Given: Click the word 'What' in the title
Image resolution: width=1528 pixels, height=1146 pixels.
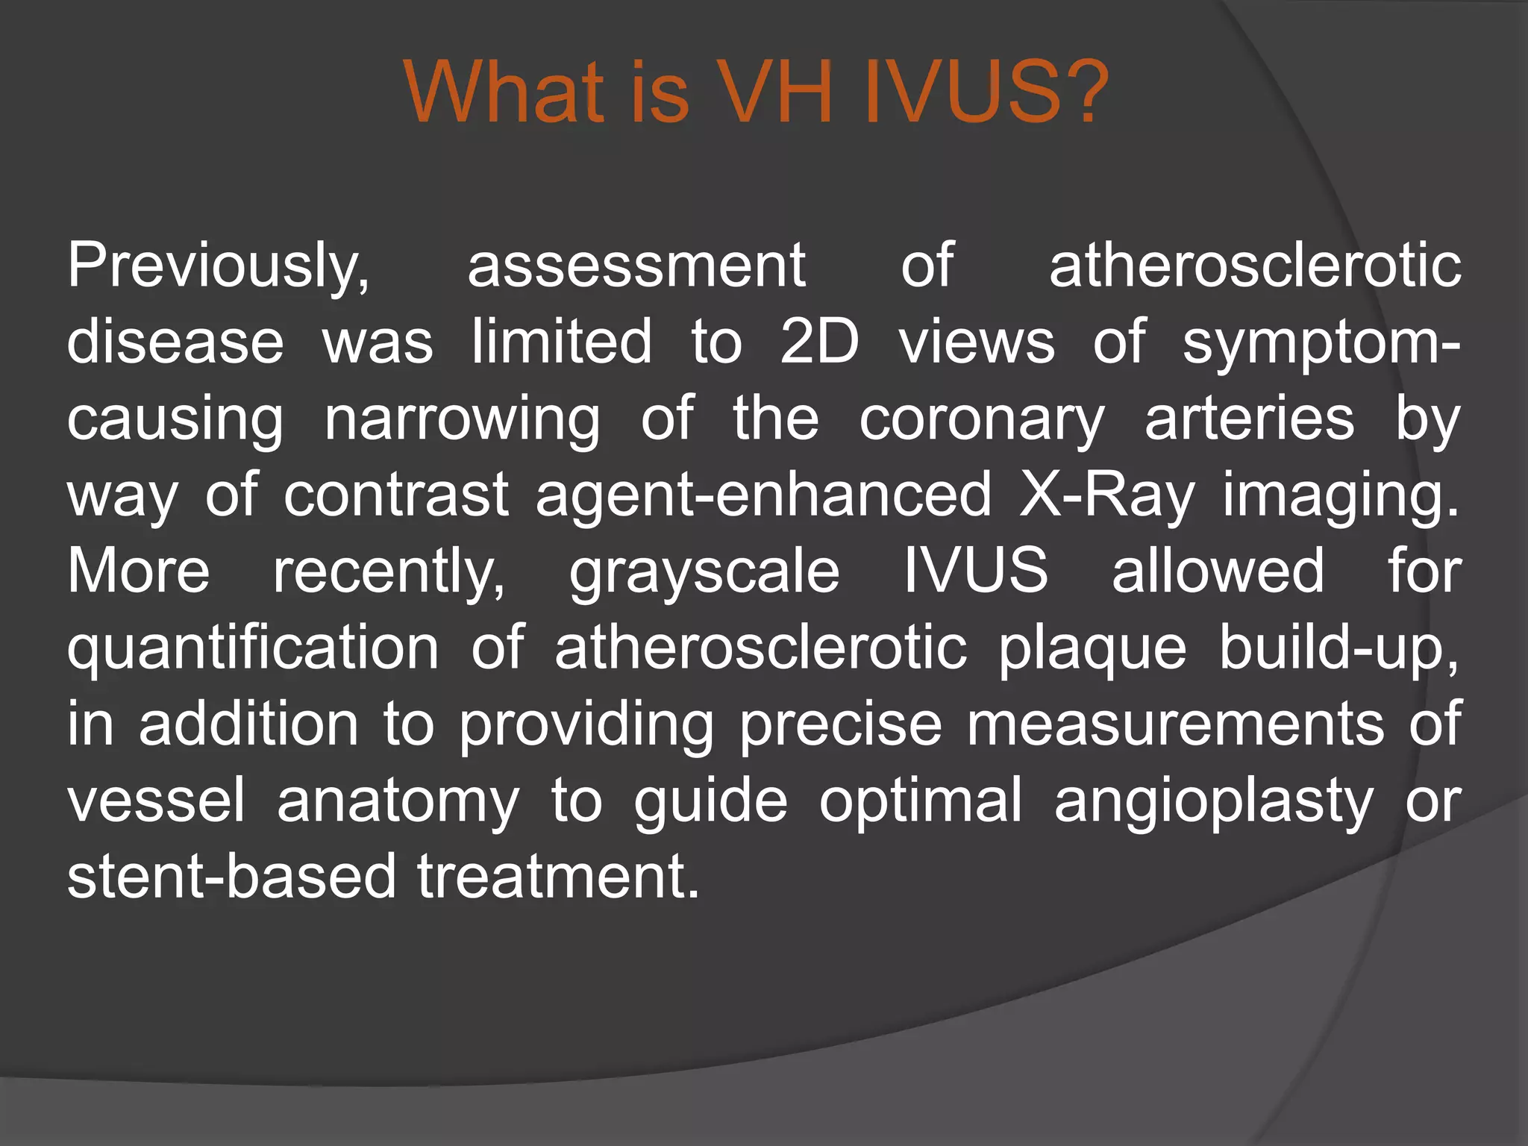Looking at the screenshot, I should pyautogui.click(x=504, y=93).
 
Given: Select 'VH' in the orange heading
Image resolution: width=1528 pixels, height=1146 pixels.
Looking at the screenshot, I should pyautogui.click(x=779, y=93).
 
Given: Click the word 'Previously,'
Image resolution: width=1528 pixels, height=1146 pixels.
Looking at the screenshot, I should pyautogui.click(x=218, y=267).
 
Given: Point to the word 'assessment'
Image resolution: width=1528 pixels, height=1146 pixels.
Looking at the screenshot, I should pyautogui.click(x=636, y=266).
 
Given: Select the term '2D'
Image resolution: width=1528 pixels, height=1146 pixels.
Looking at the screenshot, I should pyautogui.click(x=819, y=342).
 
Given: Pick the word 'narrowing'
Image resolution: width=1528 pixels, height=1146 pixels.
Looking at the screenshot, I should pyautogui.click(x=462, y=419).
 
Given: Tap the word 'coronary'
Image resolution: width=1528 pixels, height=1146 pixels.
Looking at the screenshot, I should pyautogui.click(x=981, y=419).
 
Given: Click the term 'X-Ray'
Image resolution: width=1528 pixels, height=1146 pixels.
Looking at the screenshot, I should pyautogui.click(x=1107, y=495).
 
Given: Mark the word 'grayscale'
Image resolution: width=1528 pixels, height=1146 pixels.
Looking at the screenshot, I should pyautogui.click(x=704, y=572).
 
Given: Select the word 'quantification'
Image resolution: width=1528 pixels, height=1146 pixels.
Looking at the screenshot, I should pyautogui.click(x=253, y=648).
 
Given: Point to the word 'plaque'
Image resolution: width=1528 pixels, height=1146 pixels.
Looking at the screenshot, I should pyautogui.click(x=1092, y=648).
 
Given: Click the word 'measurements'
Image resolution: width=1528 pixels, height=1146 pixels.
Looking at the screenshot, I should pyautogui.click(x=1174, y=724).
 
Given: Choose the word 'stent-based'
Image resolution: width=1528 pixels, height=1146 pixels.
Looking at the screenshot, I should pyautogui.click(x=231, y=876).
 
